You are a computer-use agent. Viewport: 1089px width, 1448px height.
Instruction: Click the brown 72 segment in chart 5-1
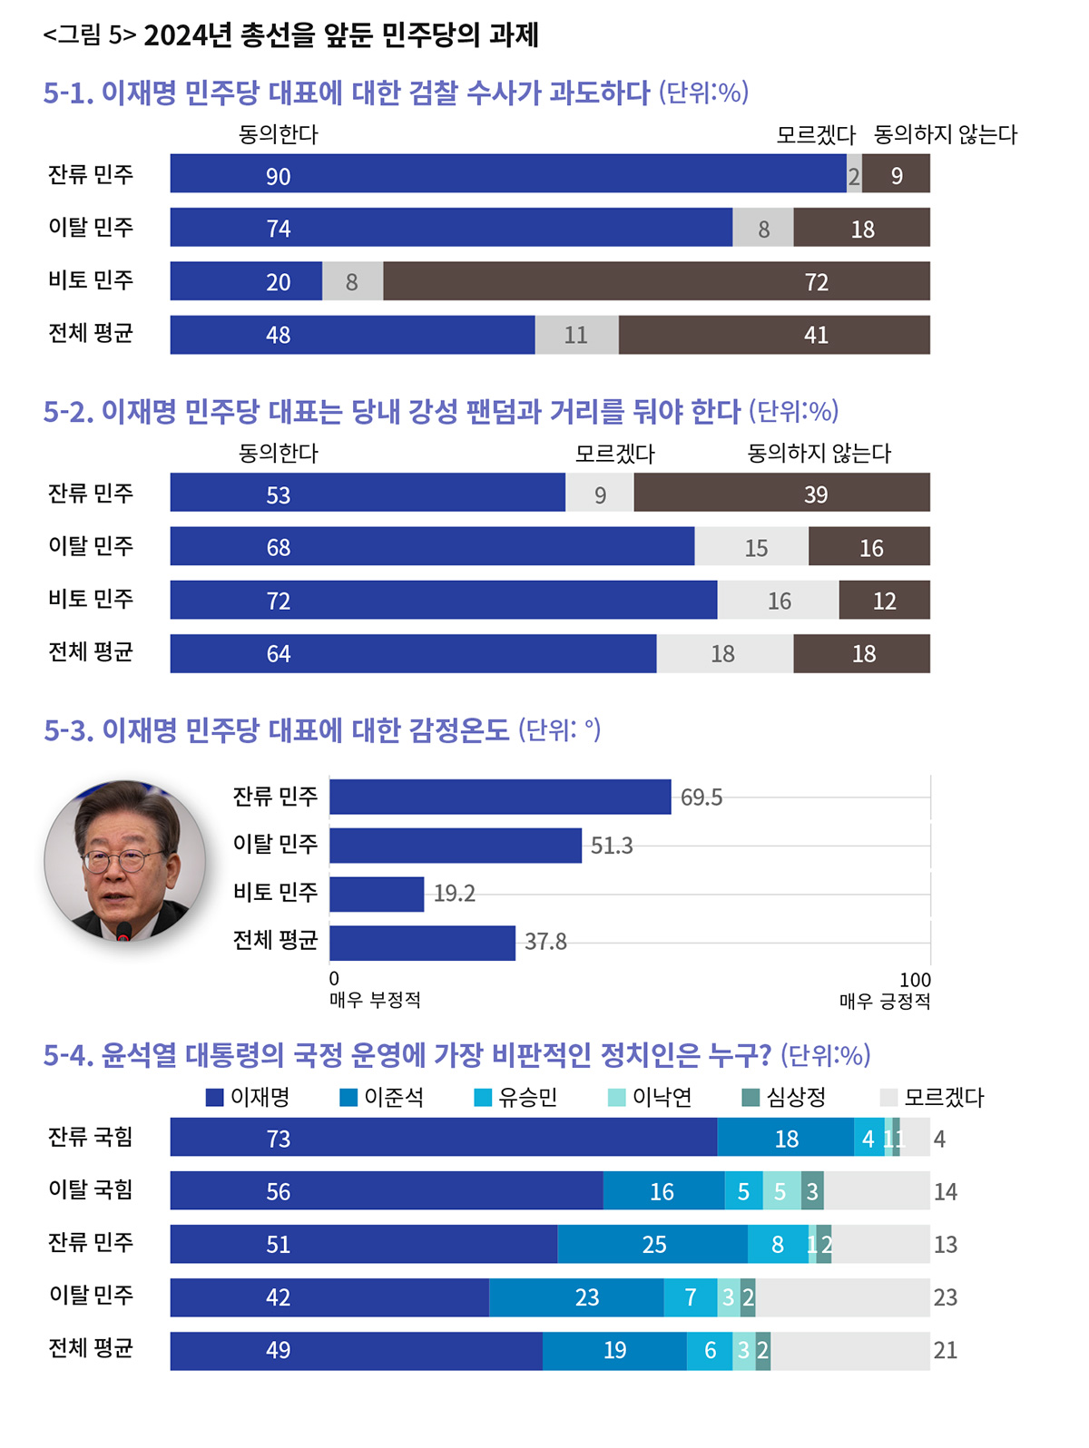pos(656,281)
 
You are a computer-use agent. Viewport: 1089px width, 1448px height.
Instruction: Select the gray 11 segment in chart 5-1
pos(576,335)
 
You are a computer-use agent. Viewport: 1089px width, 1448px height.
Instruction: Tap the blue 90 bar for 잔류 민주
pos(508,174)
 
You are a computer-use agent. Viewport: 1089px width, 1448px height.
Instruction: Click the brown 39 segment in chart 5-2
pos(781,493)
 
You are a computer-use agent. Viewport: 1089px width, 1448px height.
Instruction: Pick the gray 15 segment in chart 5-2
pos(751,547)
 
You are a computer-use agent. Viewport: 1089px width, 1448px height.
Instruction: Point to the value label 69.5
pos(701,797)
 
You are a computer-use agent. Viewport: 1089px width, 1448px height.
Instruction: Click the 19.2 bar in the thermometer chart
pos(377,894)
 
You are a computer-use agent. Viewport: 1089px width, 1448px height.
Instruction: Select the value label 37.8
pos(545,942)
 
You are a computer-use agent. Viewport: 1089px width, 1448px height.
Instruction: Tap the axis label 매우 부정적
pos(375,1000)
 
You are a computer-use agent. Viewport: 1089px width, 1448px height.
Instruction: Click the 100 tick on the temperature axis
pos(915,980)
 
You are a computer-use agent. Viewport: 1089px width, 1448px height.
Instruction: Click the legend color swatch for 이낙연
pos(616,1098)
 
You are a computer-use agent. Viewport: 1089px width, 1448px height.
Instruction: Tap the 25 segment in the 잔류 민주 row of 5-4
pos(652,1244)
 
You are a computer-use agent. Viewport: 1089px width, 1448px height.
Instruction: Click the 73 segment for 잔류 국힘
pos(443,1138)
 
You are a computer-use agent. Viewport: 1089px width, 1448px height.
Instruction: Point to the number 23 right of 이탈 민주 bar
pos(946,1297)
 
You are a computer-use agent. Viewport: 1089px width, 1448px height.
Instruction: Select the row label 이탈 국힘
pos(91,1189)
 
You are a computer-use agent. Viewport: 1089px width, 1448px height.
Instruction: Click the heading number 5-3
pos(68,730)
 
